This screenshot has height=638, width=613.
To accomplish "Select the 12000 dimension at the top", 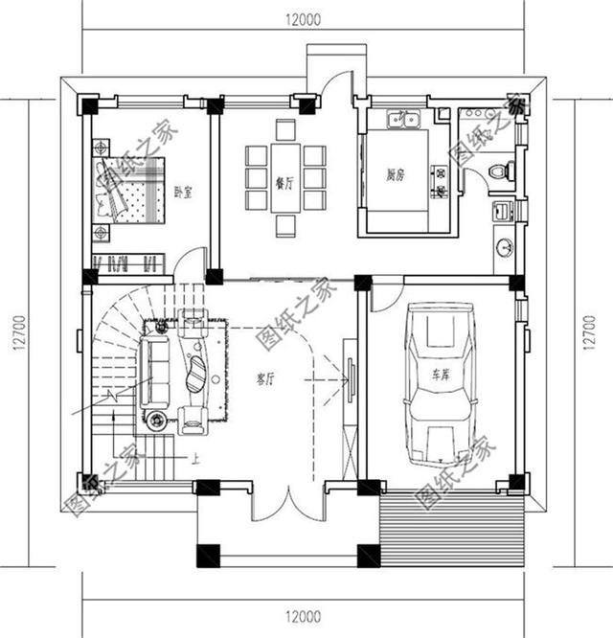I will click(x=303, y=18).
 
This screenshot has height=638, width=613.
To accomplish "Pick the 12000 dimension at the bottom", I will click(x=303, y=616).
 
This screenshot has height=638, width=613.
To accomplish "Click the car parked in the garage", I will click(x=441, y=383).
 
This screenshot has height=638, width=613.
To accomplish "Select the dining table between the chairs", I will click(x=285, y=178).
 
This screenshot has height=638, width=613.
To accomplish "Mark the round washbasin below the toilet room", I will click(x=505, y=247).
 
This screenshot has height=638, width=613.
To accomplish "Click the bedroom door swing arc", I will click(x=192, y=263).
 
